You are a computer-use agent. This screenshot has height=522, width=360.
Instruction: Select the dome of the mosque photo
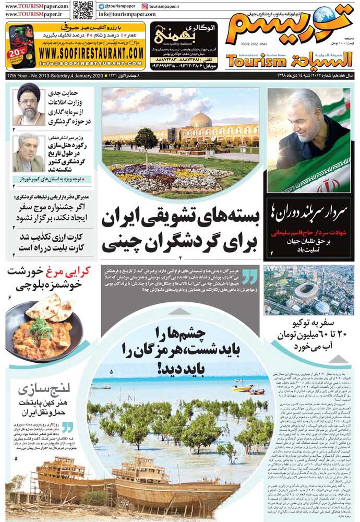(200, 121)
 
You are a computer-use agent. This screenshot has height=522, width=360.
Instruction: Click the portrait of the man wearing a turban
(29, 104)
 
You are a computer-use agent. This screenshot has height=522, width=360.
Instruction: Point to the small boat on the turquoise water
(242, 388)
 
